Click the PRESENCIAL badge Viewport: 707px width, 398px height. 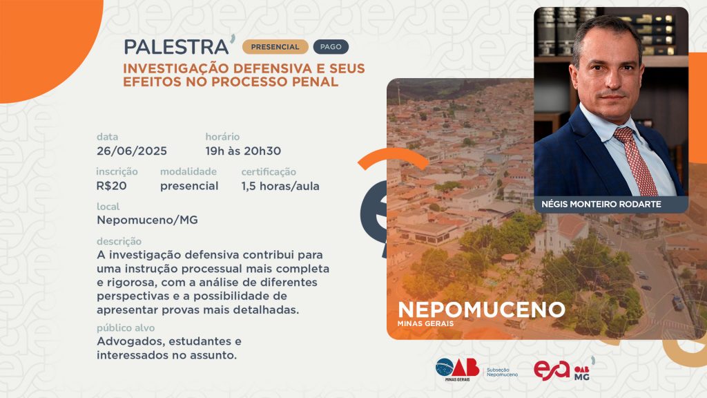(275, 47)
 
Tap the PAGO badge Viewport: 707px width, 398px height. (331, 47)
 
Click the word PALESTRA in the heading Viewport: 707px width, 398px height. (176, 47)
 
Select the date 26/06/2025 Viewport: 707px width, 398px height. (132, 151)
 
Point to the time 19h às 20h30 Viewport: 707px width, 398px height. (243, 151)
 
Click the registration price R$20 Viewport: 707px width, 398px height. (111, 186)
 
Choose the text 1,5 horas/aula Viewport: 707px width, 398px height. (280, 186)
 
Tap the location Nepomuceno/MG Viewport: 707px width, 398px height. (148, 220)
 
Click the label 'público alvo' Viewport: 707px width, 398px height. (126, 328)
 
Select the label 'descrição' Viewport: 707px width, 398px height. (119, 241)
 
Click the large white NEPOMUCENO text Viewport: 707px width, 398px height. (481, 310)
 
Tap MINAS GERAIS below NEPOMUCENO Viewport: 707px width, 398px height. (425, 323)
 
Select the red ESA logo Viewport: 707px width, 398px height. (552, 370)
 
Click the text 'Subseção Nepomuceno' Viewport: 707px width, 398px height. (503, 372)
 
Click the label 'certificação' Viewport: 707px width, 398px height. (269, 172)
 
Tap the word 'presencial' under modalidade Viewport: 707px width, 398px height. (189, 186)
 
